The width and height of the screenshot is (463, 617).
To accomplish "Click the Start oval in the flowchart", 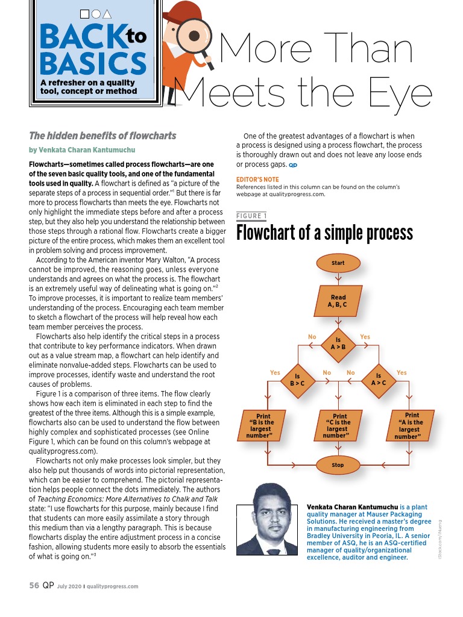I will pyautogui.click(x=338, y=263).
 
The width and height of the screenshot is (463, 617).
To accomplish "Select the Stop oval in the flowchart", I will pyautogui.click(x=338, y=465).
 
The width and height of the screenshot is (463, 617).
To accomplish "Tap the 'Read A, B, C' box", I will pyautogui.click(x=338, y=301).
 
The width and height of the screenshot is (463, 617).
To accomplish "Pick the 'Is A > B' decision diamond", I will pyautogui.click(x=338, y=343).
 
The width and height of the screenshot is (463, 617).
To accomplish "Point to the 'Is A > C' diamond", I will pyautogui.click(x=379, y=380).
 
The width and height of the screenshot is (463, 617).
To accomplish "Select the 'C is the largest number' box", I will pyautogui.click(x=339, y=425).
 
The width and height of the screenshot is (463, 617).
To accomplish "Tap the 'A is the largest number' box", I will pyautogui.click(x=412, y=425).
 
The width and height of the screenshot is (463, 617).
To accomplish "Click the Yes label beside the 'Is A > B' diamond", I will pyautogui.click(x=365, y=336).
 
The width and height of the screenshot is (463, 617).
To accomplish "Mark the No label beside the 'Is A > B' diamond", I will pyautogui.click(x=312, y=336).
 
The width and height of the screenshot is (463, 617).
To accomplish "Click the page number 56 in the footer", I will pyautogui.click(x=35, y=586).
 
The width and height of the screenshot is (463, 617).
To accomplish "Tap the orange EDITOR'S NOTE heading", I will pyautogui.click(x=258, y=180).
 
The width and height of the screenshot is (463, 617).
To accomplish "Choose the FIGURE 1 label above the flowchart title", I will pyautogui.click(x=251, y=216).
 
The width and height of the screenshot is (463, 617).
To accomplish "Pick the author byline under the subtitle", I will pyautogui.click(x=82, y=150).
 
